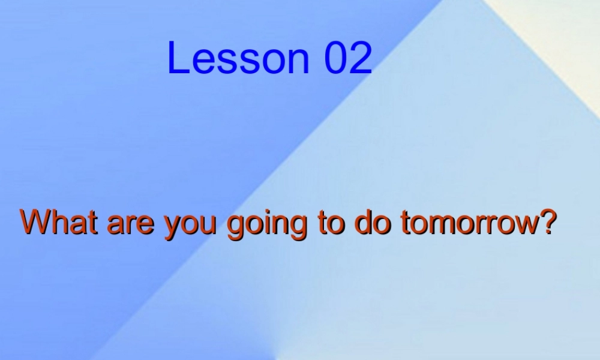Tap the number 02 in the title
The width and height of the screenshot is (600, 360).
[x=349, y=58]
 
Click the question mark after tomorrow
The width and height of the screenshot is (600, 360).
[x=543, y=223]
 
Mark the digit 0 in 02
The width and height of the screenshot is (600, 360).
[x=336, y=58]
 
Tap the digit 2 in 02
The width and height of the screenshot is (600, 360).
[x=361, y=58]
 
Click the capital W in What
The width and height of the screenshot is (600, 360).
[x=36, y=223]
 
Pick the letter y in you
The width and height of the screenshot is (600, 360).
[x=173, y=228]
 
